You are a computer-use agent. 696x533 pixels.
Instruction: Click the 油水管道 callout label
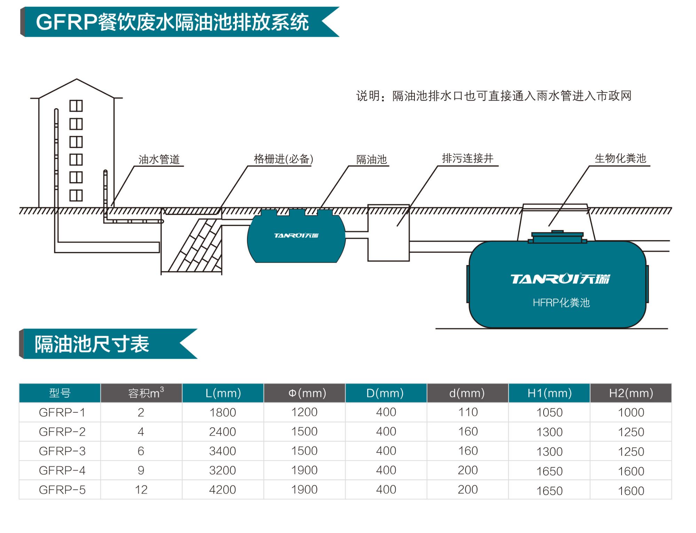(159, 159)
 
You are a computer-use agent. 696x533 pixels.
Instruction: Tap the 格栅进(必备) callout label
(283, 159)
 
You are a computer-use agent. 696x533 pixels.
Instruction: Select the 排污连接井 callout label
(467, 158)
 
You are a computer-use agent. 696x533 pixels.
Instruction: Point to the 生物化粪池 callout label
(620, 158)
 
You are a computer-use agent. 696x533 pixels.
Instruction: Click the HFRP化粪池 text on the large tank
(561, 302)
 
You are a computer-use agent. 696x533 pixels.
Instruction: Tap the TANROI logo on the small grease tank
(296, 236)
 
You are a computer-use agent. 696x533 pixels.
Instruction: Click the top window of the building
(76, 106)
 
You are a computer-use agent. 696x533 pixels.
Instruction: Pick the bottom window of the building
(76, 196)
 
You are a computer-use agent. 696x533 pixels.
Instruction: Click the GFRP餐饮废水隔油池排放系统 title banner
(172, 22)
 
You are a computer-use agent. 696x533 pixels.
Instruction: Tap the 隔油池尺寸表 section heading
(92, 344)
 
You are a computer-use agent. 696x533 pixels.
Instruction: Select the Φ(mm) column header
(304, 393)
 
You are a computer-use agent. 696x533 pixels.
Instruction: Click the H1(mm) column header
(549, 393)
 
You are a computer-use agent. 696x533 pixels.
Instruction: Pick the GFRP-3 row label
(62, 451)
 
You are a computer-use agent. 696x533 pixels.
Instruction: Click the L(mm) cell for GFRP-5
(222, 490)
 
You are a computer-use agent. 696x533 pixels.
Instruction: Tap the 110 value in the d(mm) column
(468, 412)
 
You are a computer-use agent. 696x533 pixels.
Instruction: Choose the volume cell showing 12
(141, 490)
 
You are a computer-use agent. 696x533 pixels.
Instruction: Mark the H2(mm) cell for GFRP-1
(631, 413)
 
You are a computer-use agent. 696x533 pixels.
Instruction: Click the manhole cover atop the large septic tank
(557, 237)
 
